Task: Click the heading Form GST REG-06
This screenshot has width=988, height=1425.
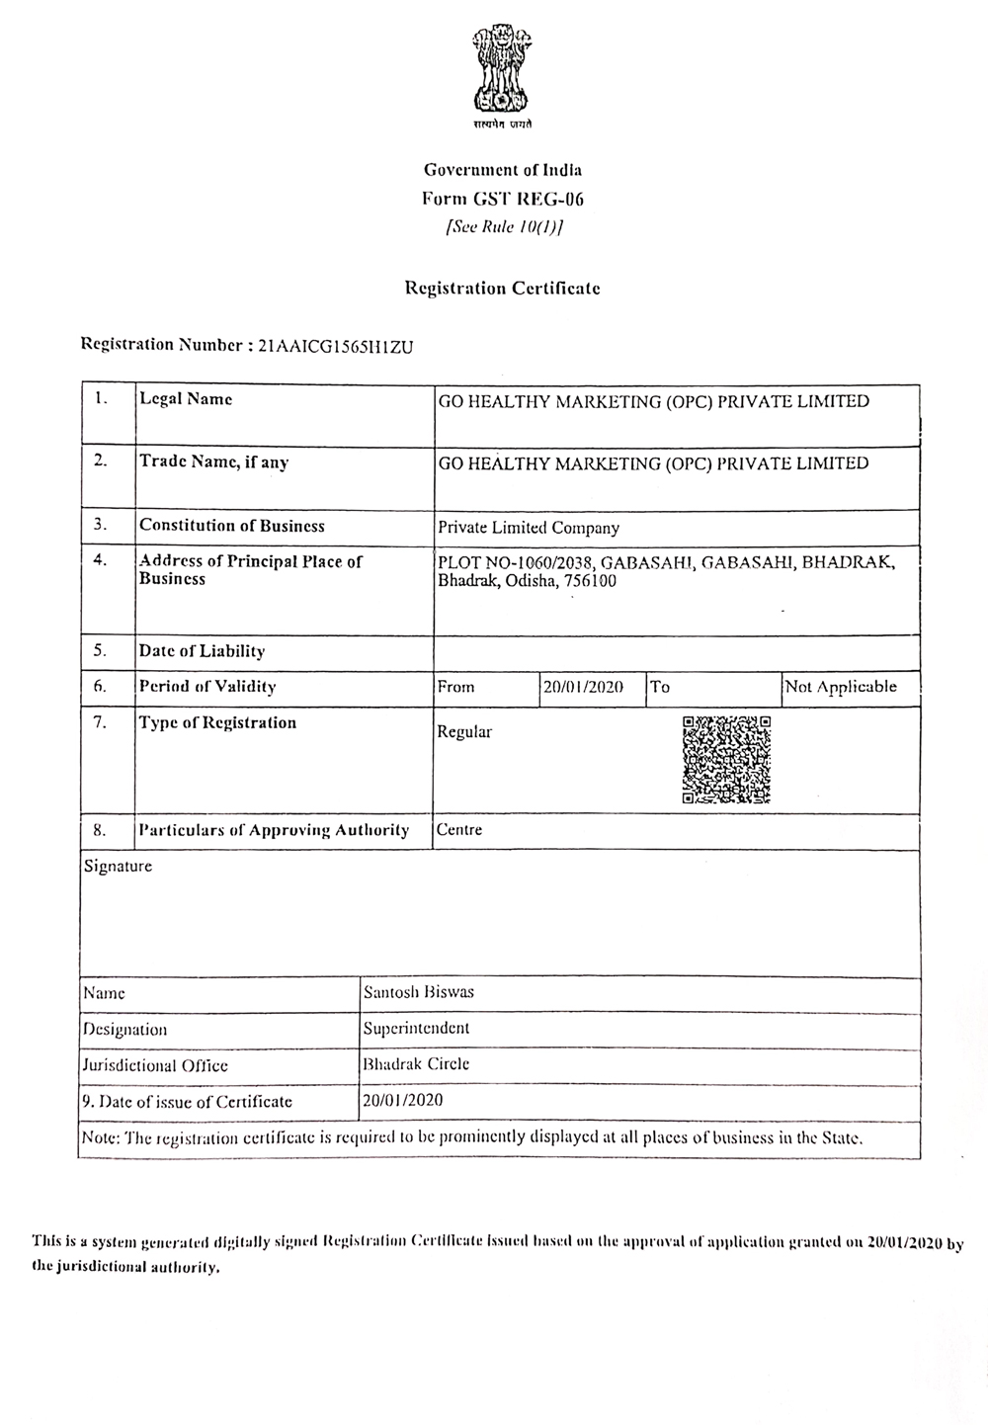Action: pyautogui.click(x=503, y=199)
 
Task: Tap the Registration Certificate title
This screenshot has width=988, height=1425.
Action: pyautogui.click(x=503, y=289)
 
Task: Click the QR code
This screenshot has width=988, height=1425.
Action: pyautogui.click(x=726, y=759)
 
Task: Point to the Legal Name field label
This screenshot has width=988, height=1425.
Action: pyautogui.click(x=186, y=399)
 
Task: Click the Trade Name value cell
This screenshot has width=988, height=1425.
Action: pyautogui.click(x=653, y=463)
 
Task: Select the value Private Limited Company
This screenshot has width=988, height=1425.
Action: pyautogui.click(x=529, y=528)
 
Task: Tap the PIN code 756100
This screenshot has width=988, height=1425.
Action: pyautogui.click(x=591, y=581)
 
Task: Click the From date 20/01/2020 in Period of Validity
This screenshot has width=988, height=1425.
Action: pyautogui.click(x=582, y=687)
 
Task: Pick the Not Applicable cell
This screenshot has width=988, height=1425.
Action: pyautogui.click(x=841, y=687)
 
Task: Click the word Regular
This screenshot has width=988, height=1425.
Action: pyautogui.click(x=464, y=732)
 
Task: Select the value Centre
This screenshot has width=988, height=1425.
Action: pyautogui.click(x=459, y=829)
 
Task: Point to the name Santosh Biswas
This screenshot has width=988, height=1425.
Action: pyautogui.click(x=419, y=991)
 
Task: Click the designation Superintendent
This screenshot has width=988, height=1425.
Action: pyautogui.click(x=416, y=1028)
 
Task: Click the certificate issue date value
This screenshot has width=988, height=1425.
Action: pyautogui.click(x=403, y=1100)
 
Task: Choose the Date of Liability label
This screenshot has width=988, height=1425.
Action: pyautogui.click(x=203, y=651)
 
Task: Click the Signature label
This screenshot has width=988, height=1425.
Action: pyautogui.click(x=119, y=867)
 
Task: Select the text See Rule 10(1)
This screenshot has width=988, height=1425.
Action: pyautogui.click(x=504, y=226)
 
